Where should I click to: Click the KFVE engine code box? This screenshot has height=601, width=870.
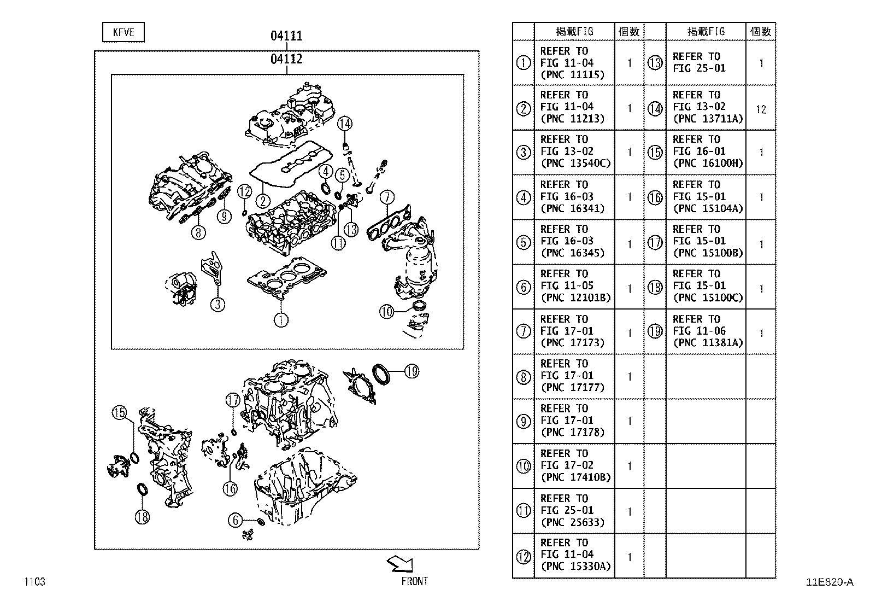pos(124,32)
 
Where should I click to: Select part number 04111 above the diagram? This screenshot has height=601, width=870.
pos(286,36)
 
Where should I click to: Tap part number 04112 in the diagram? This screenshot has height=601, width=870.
pos(286,59)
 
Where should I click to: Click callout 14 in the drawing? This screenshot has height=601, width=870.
pos(345,124)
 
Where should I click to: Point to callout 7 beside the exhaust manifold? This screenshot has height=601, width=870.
pos(386,197)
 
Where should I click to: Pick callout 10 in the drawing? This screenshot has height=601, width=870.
pos(387,312)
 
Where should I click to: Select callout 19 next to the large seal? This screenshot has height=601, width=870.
pos(412,372)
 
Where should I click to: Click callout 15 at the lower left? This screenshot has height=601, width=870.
pos(119,413)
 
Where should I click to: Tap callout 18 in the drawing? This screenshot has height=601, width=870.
pos(142,516)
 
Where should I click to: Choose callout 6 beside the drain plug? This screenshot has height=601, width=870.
pos(236,520)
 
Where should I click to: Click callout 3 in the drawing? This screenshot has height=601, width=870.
pos(217,304)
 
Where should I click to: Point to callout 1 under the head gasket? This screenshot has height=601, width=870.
pos(281,319)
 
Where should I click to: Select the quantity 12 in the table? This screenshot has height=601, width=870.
pos(761,109)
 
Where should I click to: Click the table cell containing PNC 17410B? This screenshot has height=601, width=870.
pos(574,465)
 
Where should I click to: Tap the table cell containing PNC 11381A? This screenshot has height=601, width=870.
pos(707,331)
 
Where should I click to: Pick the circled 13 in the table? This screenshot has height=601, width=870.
pos(655,63)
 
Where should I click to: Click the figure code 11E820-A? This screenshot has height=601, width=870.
pos(829,582)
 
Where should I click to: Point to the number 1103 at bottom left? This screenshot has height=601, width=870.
pos(34,582)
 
